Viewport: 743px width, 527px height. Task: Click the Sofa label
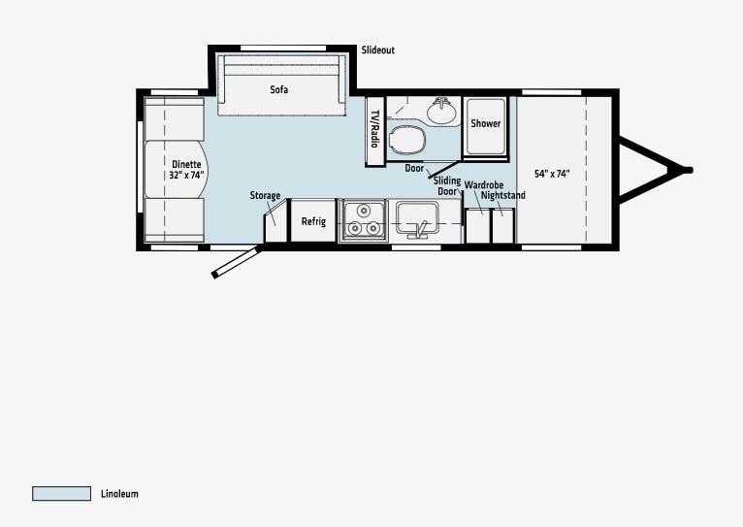[x=279, y=89]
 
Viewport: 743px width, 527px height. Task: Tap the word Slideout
[x=377, y=50]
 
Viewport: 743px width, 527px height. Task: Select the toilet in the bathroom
[x=406, y=141]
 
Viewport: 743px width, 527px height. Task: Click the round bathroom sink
[x=441, y=112]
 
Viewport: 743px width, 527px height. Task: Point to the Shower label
[x=486, y=123]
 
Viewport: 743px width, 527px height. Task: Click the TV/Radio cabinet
[x=374, y=131]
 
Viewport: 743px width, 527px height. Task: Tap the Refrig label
[x=313, y=221]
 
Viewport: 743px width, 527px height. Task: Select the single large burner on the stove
[x=364, y=210]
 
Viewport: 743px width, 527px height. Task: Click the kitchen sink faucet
[x=421, y=230]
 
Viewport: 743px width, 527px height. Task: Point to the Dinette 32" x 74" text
[x=186, y=170]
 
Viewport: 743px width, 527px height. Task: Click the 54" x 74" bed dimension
[x=552, y=174]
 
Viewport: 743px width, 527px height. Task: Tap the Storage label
[x=265, y=196]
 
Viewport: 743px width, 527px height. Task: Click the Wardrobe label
[x=484, y=184]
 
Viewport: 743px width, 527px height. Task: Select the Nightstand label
[x=503, y=195]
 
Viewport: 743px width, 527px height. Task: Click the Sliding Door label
[x=447, y=185]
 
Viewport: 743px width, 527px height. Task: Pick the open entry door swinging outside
[x=237, y=261]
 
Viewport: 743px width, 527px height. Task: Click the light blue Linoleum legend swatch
[x=62, y=493]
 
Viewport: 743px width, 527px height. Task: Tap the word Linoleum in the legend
[x=119, y=494]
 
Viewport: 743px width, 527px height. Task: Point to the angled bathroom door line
[x=444, y=169]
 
